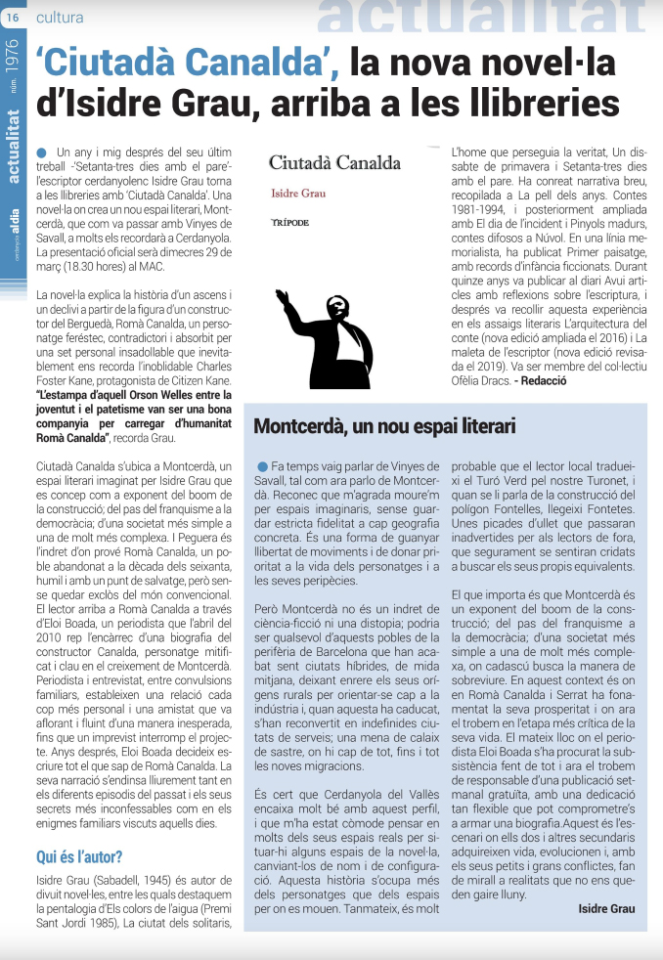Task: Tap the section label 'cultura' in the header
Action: [x=60, y=18]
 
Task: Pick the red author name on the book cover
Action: [x=298, y=194]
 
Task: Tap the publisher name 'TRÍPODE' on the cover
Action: [x=289, y=224]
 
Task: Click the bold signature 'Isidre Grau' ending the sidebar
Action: [x=606, y=908]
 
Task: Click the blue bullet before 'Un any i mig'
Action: [x=41, y=153]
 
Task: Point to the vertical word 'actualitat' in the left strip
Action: [x=12, y=148]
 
